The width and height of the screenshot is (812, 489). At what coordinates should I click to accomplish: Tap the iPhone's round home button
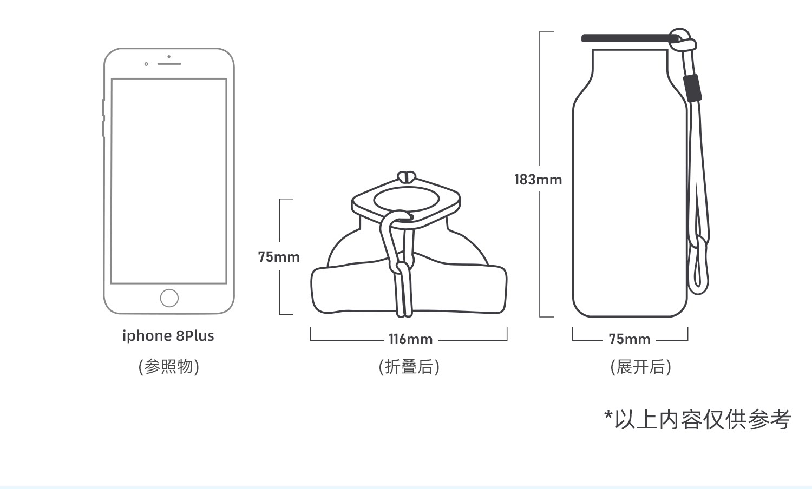169,298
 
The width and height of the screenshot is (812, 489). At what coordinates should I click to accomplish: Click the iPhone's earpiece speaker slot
169,64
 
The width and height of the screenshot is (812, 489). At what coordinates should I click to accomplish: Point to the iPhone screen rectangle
168,181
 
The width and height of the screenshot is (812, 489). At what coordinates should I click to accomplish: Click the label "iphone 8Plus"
168,336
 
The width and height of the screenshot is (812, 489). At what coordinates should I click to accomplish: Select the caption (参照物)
168,367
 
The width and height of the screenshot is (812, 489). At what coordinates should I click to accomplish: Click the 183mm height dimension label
538,180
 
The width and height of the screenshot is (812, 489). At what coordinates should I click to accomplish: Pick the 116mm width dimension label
410,340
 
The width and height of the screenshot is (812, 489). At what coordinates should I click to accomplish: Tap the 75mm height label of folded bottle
278,257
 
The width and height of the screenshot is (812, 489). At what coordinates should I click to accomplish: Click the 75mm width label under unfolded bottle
629,340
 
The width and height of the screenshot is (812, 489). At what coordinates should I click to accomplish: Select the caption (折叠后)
409,367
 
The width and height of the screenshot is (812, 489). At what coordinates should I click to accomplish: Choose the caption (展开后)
640,367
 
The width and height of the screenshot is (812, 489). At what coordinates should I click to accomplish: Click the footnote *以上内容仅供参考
697,419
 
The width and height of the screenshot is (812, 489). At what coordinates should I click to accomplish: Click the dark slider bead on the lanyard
692,88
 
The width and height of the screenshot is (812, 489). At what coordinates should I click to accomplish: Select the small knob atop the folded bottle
406,176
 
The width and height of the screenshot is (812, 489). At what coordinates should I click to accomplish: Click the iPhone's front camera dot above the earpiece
169,56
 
